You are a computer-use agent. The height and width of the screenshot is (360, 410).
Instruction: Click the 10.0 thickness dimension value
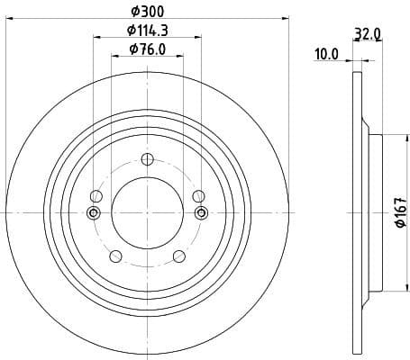pyautogui.click(x=324, y=54)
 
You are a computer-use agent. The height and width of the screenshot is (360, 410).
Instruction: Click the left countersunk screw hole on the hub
pyautogui.click(x=92, y=212)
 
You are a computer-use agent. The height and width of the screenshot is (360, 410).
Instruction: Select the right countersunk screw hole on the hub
pyautogui.click(x=201, y=212)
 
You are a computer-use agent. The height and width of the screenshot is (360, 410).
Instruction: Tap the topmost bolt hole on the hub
pyautogui.click(x=147, y=158)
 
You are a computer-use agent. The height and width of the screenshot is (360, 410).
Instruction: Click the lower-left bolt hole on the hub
pyautogui.click(x=114, y=256)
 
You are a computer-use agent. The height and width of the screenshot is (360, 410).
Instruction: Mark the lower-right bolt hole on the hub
pyautogui.click(x=178, y=256)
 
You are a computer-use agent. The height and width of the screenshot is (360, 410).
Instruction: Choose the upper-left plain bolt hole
pyautogui.click(x=96, y=195)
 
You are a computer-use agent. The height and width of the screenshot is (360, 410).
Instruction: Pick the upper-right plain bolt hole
pyautogui.click(x=198, y=195)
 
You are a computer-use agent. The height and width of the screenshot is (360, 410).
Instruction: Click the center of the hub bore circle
pyautogui.click(x=147, y=212)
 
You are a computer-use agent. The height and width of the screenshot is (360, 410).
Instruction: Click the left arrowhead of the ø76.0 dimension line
pyautogui.click(x=114, y=57)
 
